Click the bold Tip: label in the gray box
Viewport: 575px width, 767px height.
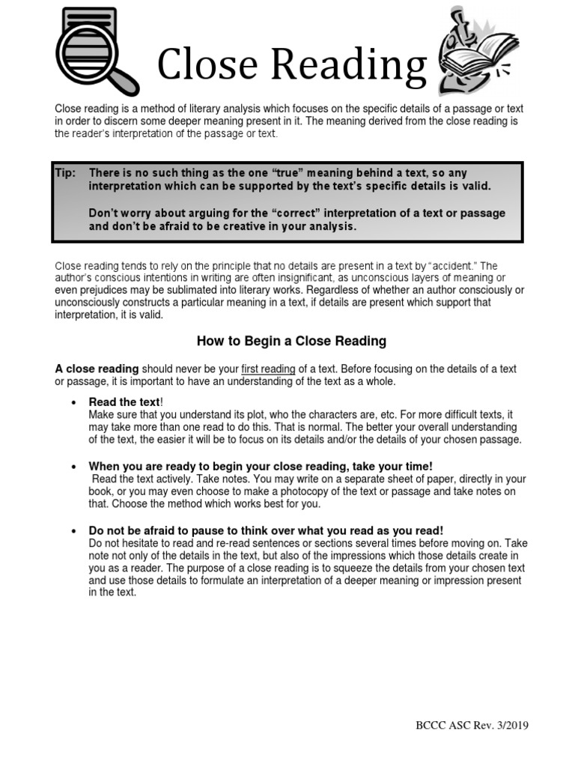(66, 173)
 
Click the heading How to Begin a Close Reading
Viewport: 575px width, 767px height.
(291, 342)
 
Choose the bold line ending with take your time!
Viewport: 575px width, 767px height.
(261, 466)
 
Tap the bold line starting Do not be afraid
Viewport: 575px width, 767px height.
(266, 530)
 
